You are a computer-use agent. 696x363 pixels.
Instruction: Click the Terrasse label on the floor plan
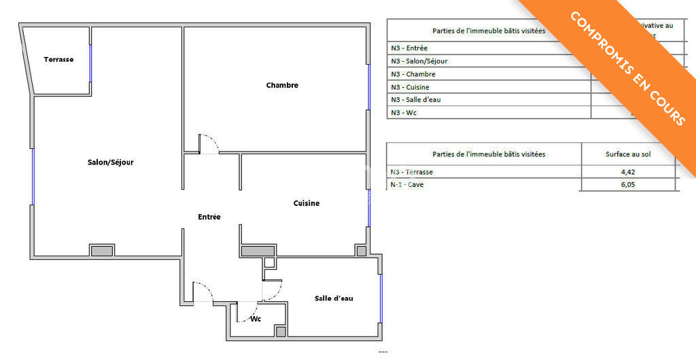[58, 60]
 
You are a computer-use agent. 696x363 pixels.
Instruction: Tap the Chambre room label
[282, 86]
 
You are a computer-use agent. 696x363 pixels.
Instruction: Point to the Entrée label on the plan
[209, 217]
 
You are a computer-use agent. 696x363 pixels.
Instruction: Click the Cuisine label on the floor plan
[307, 203]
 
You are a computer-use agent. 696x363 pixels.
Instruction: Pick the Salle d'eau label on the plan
[334, 298]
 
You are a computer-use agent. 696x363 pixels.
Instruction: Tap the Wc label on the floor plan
[256, 319]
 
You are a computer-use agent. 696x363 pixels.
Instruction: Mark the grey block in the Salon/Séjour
[102, 250]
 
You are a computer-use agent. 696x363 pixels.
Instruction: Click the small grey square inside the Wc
[281, 331]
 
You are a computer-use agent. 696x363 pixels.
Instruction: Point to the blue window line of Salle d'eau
[382, 298]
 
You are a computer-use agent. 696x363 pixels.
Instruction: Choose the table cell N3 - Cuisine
[410, 87]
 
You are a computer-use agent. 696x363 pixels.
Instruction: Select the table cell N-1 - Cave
[407, 184]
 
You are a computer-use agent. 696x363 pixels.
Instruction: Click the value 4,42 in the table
[628, 172]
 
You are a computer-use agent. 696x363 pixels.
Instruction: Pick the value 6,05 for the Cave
[628, 184]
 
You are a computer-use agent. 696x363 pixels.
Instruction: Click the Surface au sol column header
[628, 154]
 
